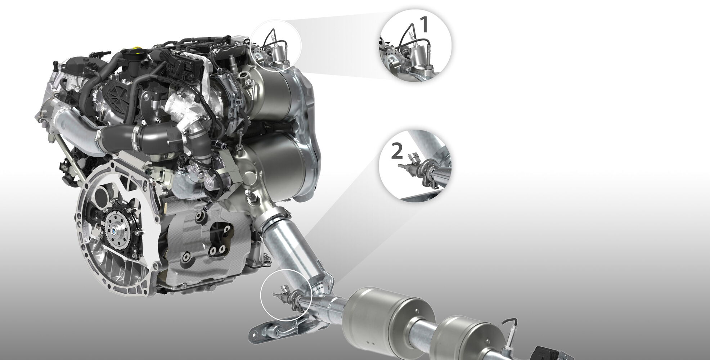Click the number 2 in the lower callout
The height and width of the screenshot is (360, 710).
(x=397, y=152)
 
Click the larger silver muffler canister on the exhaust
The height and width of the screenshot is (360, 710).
(x=383, y=316)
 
